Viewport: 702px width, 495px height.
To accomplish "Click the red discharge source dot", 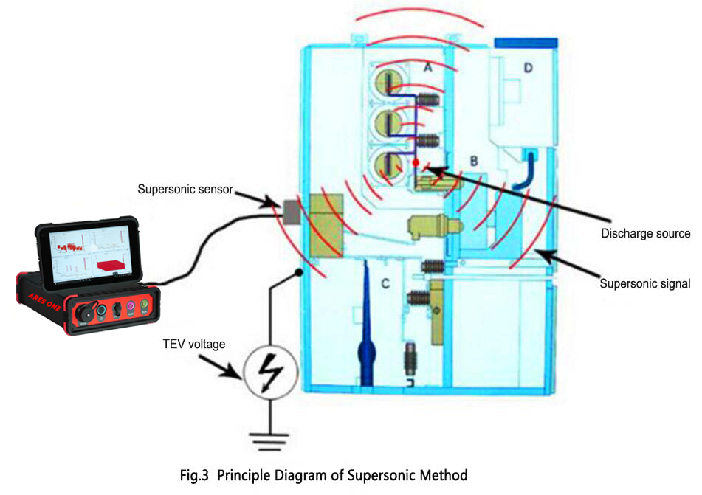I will (x=416, y=162).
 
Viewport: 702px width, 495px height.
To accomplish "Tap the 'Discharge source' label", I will (x=646, y=234).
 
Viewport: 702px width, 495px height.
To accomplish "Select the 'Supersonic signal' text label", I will (x=644, y=283).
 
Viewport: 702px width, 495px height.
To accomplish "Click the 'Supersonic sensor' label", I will (x=185, y=190).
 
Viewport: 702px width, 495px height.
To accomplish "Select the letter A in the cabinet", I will (x=427, y=68).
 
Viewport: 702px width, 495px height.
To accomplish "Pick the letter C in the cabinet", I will (x=385, y=281).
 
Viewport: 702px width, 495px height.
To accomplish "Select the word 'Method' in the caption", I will (x=441, y=475).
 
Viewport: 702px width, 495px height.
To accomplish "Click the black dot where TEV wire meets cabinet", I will (x=298, y=273).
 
